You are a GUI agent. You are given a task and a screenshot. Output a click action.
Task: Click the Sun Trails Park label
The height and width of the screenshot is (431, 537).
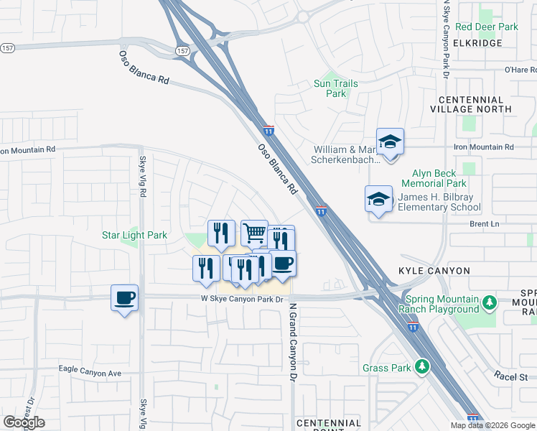(x=335, y=88)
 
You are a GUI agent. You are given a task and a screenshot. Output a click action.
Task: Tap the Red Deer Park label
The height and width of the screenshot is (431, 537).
(x=486, y=27)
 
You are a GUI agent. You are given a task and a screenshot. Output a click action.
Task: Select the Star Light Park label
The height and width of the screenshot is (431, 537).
(x=134, y=235)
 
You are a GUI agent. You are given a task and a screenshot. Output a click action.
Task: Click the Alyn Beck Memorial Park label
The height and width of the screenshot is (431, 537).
(x=439, y=178)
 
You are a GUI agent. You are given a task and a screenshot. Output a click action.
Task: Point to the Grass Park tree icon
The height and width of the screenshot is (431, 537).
(x=423, y=367)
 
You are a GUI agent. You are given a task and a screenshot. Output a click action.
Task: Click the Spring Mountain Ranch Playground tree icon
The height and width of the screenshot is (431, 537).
(x=490, y=302)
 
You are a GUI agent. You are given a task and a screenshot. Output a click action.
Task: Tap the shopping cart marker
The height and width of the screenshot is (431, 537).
(x=254, y=233)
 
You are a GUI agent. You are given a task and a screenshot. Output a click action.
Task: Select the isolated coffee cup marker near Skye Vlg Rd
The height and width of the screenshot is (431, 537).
(x=124, y=297)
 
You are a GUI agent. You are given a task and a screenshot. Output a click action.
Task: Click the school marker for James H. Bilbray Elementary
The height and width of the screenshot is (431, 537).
(x=378, y=199)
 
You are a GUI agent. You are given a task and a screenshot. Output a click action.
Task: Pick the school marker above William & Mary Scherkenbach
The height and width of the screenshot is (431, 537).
(x=390, y=142)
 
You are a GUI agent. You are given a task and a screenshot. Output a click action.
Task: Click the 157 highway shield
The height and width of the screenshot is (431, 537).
(x=183, y=51)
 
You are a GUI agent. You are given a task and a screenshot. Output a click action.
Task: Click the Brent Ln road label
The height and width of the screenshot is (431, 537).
(x=484, y=224)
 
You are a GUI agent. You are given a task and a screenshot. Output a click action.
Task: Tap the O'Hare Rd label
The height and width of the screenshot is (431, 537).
(x=520, y=70)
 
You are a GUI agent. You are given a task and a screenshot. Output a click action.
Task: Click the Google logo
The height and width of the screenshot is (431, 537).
(x=24, y=422)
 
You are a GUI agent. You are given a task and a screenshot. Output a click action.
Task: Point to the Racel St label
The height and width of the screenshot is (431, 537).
(x=510, y=376)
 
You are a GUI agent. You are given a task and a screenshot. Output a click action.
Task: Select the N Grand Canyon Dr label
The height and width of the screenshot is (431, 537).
(x=293, y=341)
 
